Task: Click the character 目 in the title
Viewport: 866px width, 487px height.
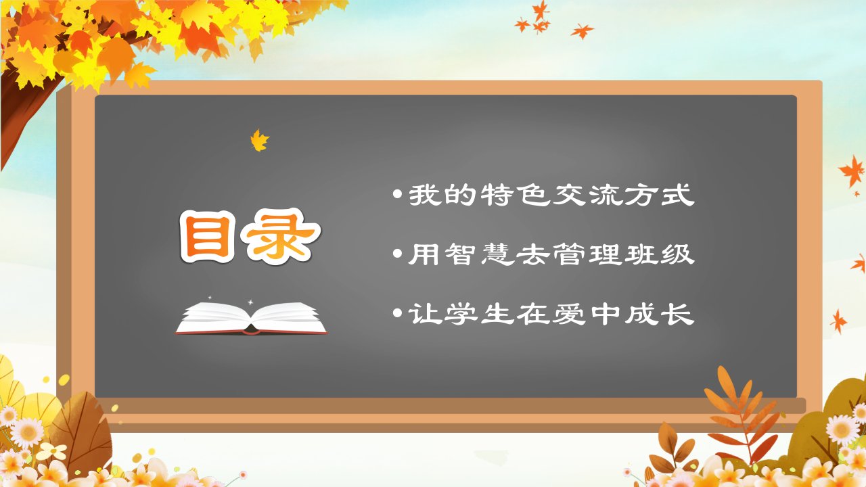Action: click(x=208, y=237)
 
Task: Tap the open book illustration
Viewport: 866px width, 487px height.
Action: click(x=251, y=318)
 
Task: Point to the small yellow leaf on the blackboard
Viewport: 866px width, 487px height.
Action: click(x=259, y=140)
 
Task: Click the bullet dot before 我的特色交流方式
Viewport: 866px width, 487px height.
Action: click(x=397, y=194)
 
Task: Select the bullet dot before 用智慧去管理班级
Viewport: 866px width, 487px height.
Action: click(x=397, y=254)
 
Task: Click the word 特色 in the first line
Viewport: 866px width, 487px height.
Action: click(x=516, y=194)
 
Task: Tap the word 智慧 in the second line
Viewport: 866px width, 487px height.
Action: click(x=480, y=254)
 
